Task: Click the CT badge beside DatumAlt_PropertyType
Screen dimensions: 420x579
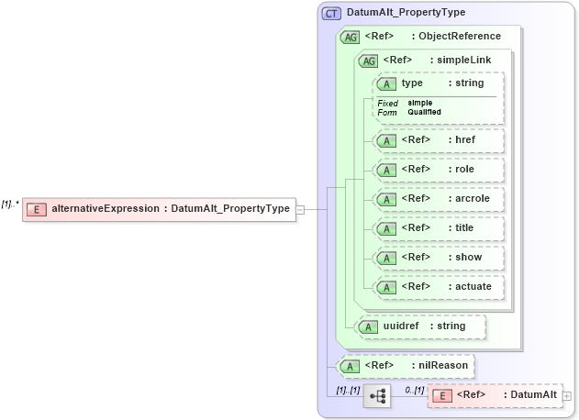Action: (331, 13)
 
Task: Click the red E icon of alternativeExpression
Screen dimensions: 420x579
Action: (37, 209)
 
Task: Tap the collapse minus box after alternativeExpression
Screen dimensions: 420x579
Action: (300, 209)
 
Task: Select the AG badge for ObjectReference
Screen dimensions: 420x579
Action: (350, 38)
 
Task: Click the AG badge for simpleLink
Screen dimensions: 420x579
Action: (369, 61)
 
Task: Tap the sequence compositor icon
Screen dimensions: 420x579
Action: (377, 395)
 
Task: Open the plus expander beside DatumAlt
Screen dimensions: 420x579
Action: (566, 396)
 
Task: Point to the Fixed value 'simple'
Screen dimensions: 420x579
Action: (420, 103)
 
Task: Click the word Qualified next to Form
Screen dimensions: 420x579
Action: (425, 112)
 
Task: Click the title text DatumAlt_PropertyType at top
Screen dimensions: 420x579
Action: (406, 13)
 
